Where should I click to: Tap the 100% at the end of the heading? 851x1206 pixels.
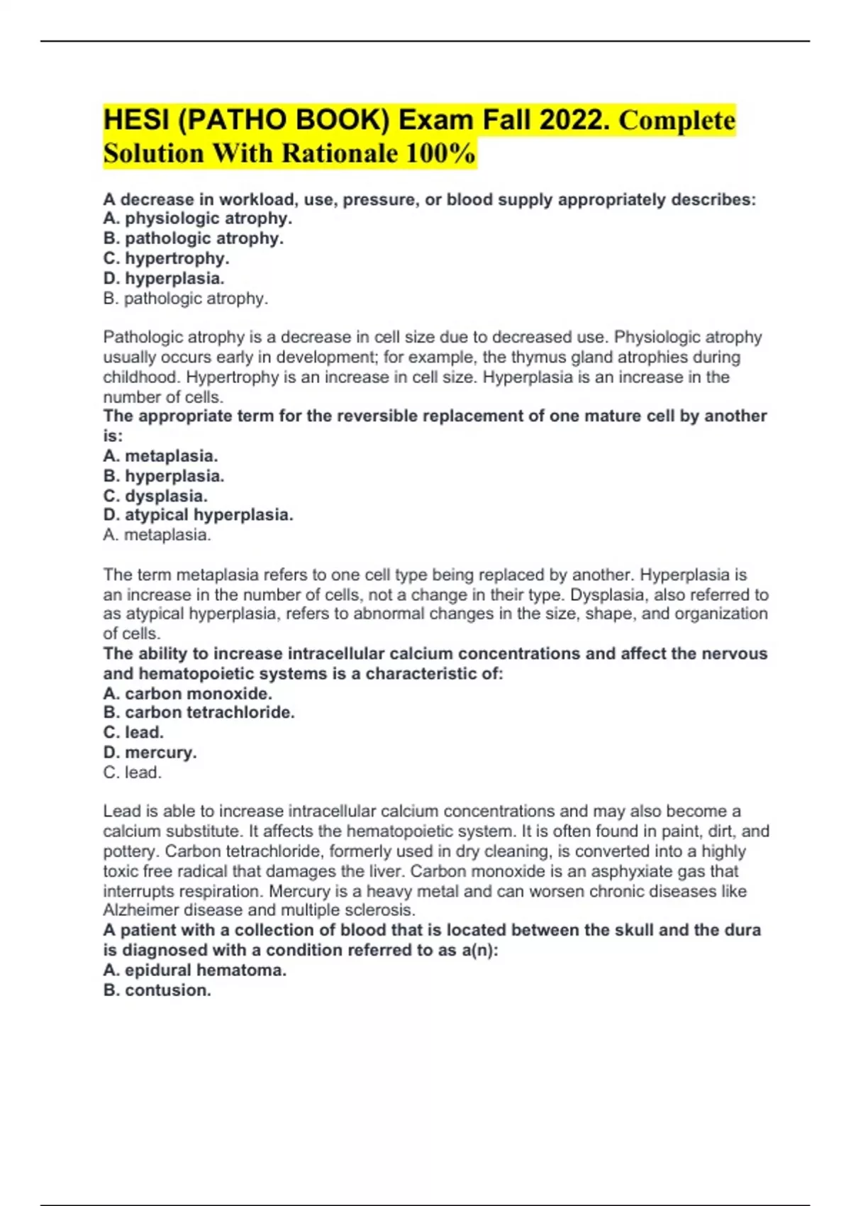click(440, 153)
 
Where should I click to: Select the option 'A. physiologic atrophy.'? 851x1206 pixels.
click(197, 218)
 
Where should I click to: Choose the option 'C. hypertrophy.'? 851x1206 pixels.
click(166, 258)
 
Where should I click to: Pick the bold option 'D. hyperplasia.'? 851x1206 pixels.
click(164, 278)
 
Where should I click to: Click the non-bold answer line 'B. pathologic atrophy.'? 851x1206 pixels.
click(186, 299)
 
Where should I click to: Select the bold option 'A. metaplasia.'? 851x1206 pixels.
click(160, 455)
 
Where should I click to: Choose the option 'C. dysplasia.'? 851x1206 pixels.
click(155, 496)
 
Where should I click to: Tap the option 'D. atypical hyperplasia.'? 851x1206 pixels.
click(198, 515)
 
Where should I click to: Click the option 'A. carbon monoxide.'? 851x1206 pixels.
click(187, 694)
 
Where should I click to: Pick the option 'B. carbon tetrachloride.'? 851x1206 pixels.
click(199, 712)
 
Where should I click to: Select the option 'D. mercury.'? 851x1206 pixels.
click(150, 752)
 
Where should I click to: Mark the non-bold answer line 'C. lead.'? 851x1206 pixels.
click(133, 773)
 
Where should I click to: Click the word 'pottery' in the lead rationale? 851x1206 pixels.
click(130, 851)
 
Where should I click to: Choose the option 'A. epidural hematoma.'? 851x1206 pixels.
click(194, 970)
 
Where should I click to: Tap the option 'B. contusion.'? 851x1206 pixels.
click(157, 990)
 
